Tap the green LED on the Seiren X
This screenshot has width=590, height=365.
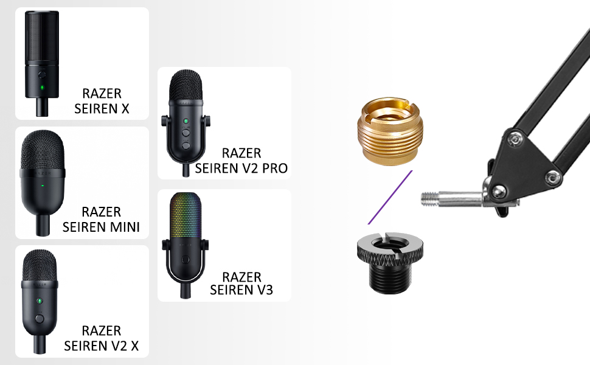click(42, 88)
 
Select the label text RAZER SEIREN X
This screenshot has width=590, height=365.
click(102, 101)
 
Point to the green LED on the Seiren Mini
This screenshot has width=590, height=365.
click(43, 186)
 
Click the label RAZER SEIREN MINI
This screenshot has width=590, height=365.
click(101, 220)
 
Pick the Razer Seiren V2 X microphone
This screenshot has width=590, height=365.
click(40, 301)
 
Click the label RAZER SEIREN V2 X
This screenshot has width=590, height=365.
click(101, 338)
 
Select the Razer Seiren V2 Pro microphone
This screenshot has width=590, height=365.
click(186, 123)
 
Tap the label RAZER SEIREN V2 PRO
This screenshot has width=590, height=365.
click(241, 161)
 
